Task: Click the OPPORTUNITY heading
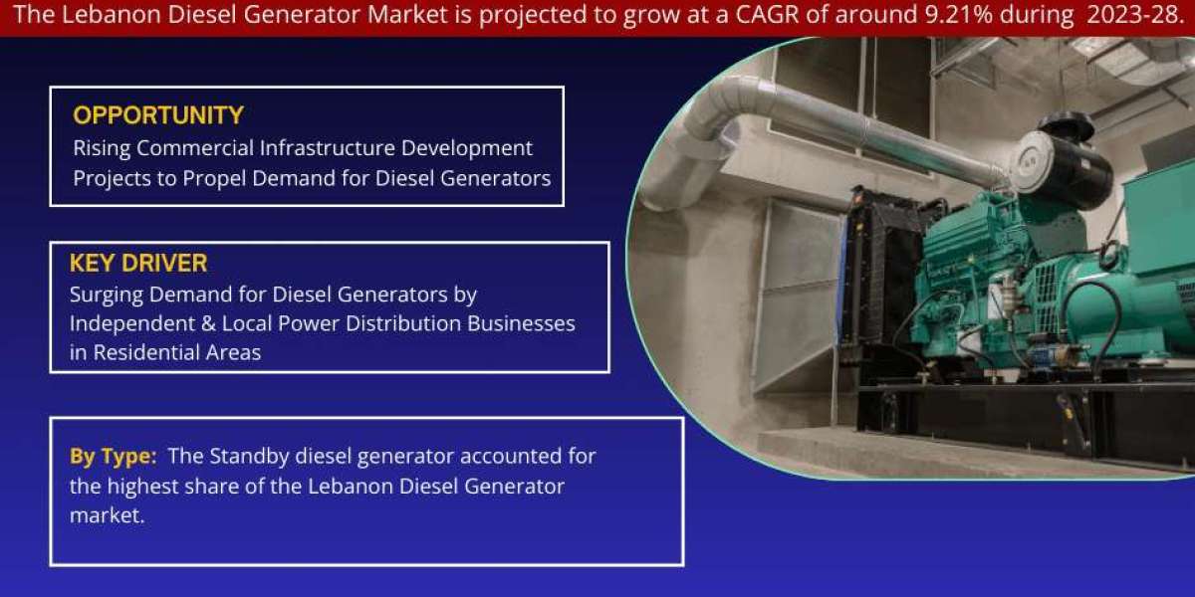[x=158, y=115]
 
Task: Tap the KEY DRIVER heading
[x=138, y=263]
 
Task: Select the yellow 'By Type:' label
[x=114, y=457]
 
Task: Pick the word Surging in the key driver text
[x=107, y=296]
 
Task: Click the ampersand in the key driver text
[x=208, y=324]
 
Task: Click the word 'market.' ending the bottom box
[x=108, y=515]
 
